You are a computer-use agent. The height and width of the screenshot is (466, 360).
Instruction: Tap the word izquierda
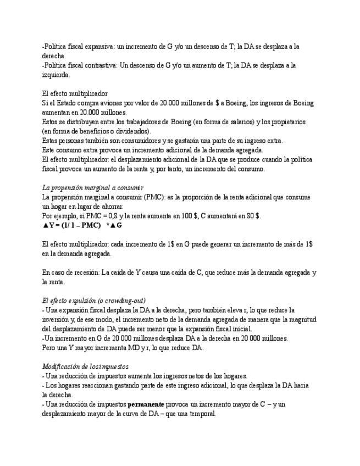(55, 74)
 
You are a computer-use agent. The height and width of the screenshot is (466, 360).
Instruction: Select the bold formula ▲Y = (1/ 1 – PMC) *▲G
(82, 225)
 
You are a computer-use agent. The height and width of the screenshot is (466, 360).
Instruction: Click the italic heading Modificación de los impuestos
(85, 367)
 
